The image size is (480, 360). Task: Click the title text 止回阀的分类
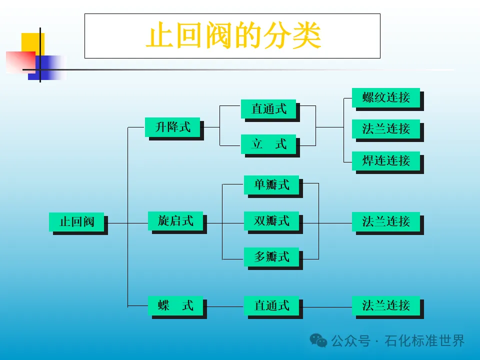[232, 36]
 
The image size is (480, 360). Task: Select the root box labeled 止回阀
[77, 221]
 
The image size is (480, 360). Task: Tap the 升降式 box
[172, 127]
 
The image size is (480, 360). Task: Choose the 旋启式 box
[175, 220]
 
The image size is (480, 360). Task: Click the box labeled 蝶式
[175, 305]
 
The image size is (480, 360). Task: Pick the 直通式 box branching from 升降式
[268, 109]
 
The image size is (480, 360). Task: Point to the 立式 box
[268, 144]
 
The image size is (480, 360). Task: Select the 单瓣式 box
[271, 184]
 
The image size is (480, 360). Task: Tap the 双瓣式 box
[271, 220]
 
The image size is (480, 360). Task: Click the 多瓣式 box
[271, 257]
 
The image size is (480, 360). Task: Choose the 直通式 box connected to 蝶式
[271, 305]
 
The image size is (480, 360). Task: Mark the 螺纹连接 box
[385, 97]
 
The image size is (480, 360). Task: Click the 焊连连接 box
[385, 160]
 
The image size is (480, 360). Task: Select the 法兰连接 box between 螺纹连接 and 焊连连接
[385, 128]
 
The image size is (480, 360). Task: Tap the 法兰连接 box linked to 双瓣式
[385, 221]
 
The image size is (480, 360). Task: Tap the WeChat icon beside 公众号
[318, 341]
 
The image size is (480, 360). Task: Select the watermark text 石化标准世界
[425, 341]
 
